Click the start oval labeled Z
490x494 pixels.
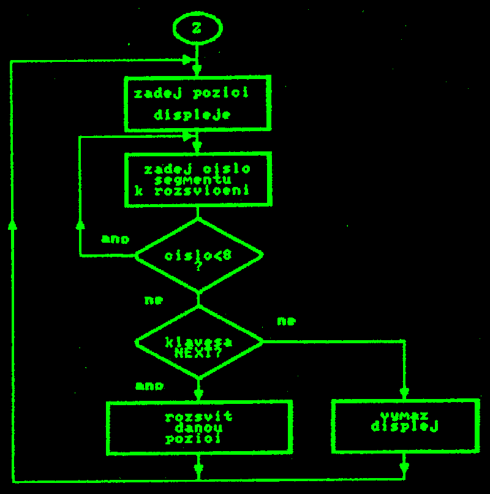197,28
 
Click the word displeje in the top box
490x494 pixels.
192,115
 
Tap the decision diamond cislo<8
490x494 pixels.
198,255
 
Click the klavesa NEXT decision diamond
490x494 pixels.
198,343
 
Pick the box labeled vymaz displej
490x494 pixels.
404,425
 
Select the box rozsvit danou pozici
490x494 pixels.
198,427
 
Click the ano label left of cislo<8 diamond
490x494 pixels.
115,240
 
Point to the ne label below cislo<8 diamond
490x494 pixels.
153,300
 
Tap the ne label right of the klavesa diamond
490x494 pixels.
286,321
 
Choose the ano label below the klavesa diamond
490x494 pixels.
149,386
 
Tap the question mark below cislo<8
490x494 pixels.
198,267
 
